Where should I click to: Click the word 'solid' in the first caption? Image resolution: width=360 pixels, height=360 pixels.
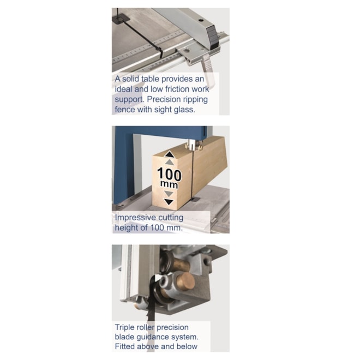click(131, 79)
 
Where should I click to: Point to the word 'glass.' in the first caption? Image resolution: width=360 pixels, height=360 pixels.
click(184, 110)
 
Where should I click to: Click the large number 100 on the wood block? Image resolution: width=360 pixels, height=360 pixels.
click(169, 174)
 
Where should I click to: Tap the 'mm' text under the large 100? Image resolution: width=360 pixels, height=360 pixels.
click(169, 184)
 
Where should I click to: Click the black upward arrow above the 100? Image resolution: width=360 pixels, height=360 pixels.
click(169, 154)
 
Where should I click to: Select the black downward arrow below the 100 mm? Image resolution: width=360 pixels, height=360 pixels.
click(169, 202)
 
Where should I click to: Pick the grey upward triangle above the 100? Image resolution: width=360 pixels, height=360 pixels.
click(169, 162)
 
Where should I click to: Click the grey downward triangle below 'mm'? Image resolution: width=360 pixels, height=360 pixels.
click(169, 194)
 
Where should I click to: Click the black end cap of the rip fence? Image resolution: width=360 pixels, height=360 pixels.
click(212, 38)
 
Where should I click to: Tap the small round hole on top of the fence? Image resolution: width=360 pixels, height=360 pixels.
click(201, 20)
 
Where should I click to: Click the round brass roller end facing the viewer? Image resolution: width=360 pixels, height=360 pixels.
click(186, 281)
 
